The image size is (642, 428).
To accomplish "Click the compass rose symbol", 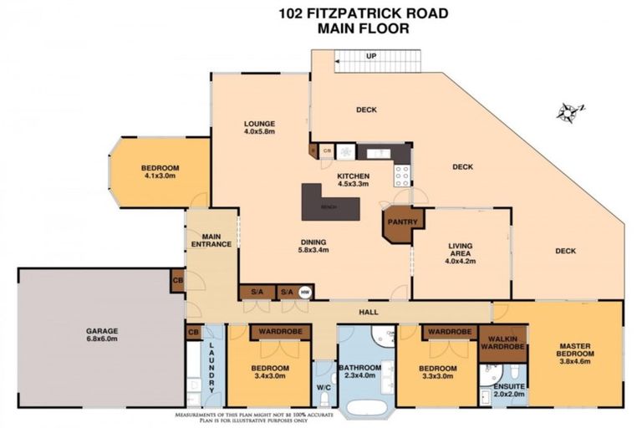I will point(571,111).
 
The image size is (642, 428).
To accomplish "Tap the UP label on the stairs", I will point(369,57).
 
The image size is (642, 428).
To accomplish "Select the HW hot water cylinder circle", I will point(305,293).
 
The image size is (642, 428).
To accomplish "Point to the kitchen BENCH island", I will point(331,203).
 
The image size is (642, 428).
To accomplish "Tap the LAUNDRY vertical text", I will point(212,368).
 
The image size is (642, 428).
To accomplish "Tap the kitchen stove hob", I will point(402,175).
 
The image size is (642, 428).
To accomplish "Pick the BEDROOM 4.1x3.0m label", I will point(160,172).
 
